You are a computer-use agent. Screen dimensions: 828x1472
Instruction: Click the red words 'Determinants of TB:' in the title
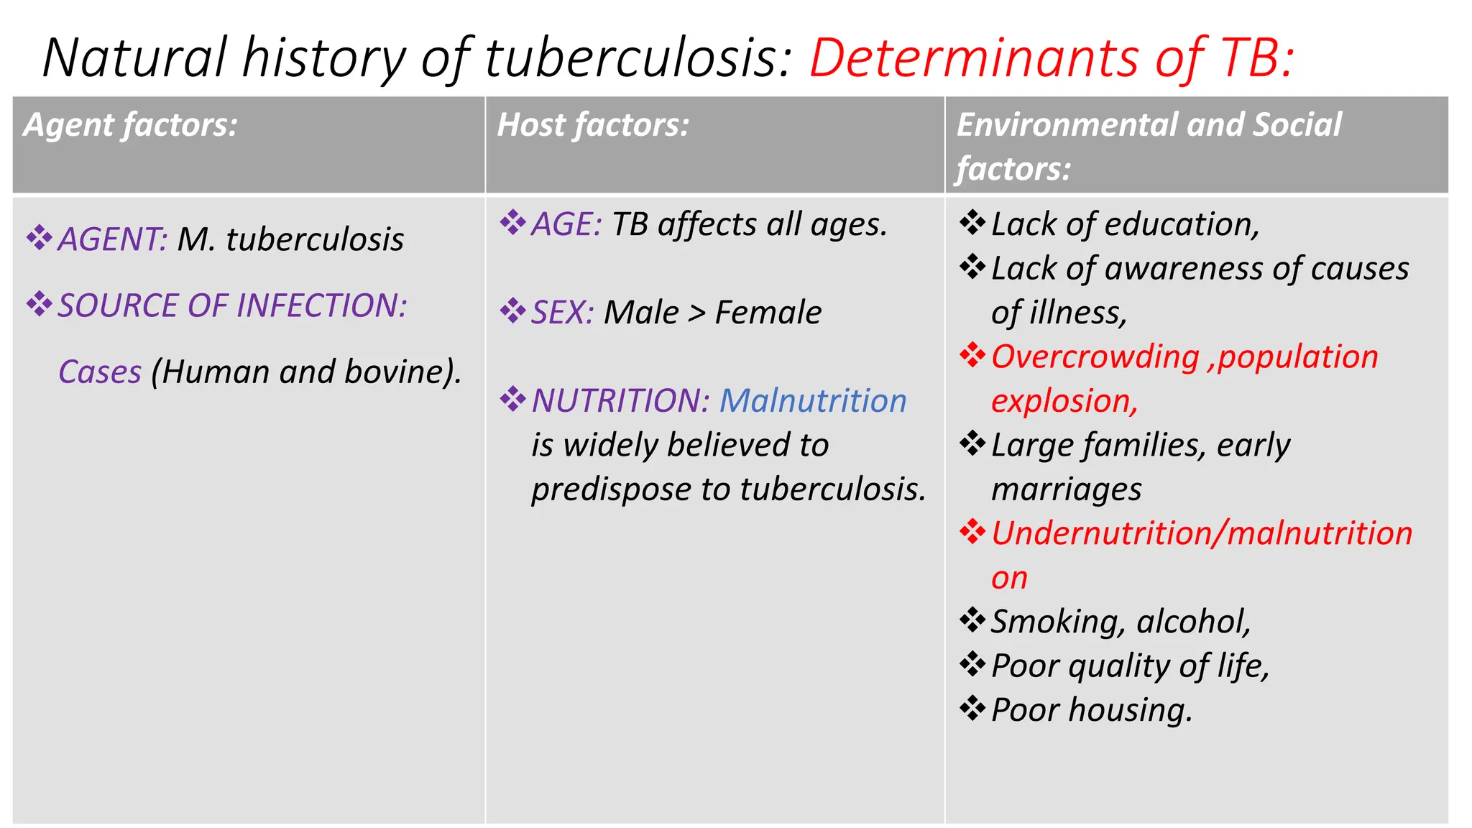(1051, 57)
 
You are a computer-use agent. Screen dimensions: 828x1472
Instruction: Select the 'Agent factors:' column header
(130, 125)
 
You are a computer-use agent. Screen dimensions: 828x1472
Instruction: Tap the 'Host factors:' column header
(593, 125)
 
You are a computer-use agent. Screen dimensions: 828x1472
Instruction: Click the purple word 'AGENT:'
(113, 239)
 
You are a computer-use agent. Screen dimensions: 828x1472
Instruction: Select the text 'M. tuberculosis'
(290, 239)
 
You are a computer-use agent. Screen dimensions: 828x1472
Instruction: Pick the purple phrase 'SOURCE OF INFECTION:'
(232, 305)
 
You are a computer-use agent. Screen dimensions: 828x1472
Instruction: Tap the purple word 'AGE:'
(566, 224)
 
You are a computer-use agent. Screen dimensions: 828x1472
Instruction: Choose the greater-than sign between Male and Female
(696, 313)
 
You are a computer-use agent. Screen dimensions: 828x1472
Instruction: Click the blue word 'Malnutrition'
(813, 400)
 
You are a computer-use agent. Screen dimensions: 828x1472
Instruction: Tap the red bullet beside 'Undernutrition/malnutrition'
(972, 533)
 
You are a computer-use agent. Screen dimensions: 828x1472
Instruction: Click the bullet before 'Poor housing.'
(972, 709)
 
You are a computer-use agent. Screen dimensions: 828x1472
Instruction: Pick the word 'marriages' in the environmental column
(1066, 490)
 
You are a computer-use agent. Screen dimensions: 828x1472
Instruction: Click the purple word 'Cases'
(100, 372)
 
